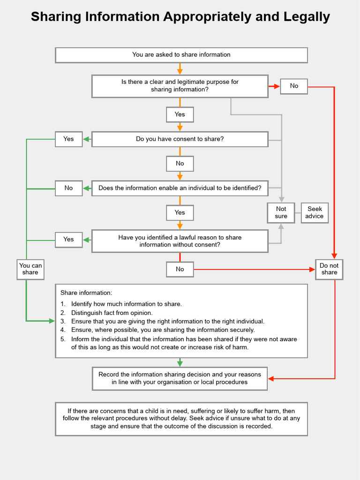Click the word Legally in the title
click(307, 17)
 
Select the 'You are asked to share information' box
click(181, 55)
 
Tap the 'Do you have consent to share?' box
click(180, 139)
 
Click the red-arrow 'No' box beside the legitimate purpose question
click(294, 86)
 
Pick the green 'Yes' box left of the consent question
click(68, 139)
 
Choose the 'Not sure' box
click(281, 213)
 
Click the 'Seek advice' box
click(315, 213)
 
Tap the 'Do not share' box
click(329, 269)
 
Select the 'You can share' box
click(30, 269)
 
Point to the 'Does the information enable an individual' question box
click(180, 188)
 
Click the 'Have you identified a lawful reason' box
click(180, 241)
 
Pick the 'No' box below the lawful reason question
click(180, 270)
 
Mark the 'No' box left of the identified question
click(68, 188)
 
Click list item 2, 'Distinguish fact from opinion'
click(112, 313)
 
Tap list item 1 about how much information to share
click(126, 304)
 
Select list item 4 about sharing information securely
click(163, 330)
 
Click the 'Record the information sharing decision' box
click(180, 378)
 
